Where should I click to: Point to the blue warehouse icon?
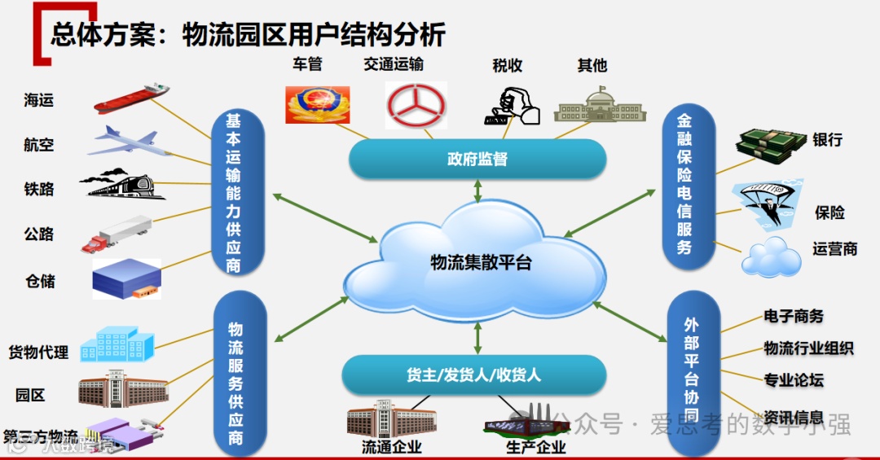[x=125, y=278]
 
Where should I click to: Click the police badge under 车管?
[x=318, y=105]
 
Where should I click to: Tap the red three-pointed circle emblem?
[x=416, y=105]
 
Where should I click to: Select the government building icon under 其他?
[x=600, y=105]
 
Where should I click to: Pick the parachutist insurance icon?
[x=767, y=203]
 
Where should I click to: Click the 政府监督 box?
[x=477, y=160]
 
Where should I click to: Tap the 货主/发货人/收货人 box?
[x=473, y=375]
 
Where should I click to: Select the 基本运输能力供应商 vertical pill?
[x=234, y=193]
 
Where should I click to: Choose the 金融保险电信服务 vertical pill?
[x=684, y=186]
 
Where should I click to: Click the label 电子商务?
[x=794, y=316]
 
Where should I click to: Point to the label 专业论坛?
[x=794, y=379]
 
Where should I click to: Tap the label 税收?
[x=508, y=66]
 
